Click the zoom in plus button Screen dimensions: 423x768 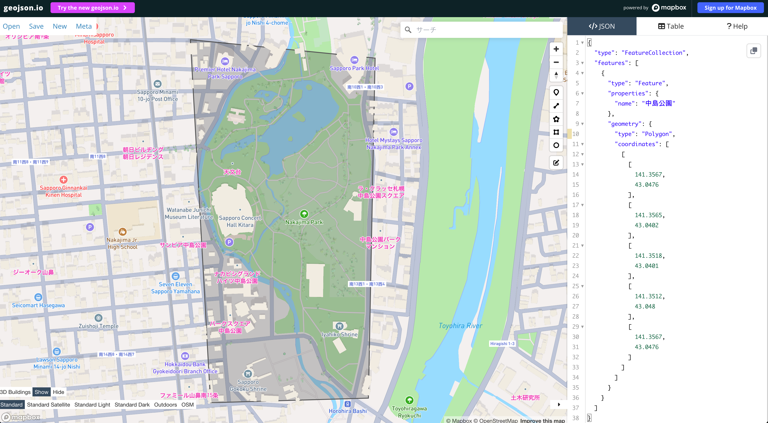556,49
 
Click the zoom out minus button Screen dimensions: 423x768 556,62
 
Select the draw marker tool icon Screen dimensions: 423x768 556,92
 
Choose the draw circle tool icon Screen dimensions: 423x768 556,145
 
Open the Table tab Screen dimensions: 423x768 671,26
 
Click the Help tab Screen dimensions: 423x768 737,26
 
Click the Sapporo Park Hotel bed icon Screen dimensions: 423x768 354,60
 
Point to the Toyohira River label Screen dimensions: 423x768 460,326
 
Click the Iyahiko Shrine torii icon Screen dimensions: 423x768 339,326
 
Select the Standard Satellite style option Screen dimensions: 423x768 48,405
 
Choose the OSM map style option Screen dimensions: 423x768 188,405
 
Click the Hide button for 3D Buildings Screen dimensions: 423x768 58,392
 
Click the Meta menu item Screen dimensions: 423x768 84,26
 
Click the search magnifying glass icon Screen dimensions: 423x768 408,30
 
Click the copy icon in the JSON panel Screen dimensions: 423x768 753,51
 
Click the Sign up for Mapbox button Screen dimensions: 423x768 730,8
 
